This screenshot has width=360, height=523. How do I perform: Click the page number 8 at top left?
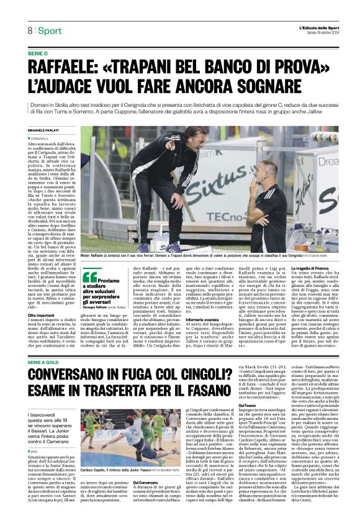point(29,30)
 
